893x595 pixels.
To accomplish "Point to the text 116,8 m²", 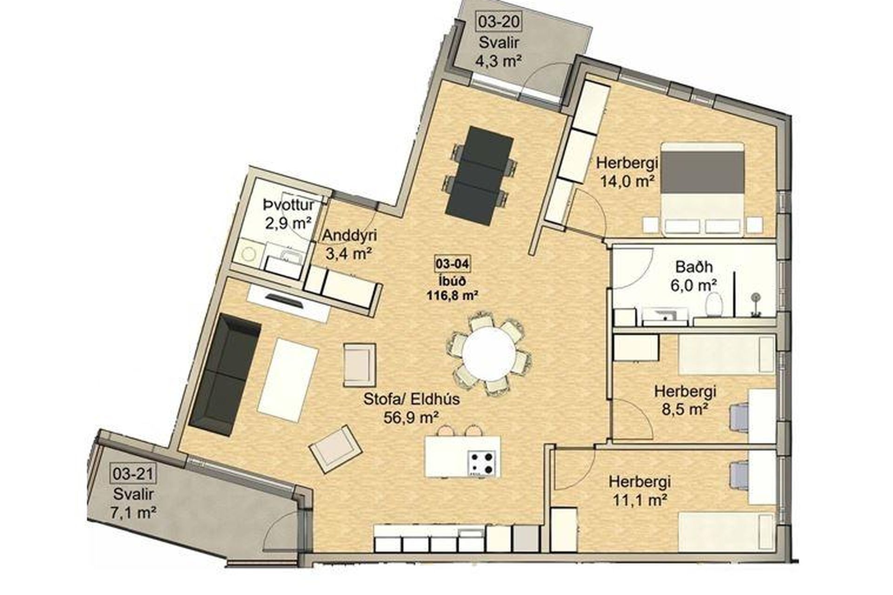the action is tap(452, 294).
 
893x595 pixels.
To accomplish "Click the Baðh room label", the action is tap(694, 267).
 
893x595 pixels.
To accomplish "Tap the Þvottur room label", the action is tap(288, 204).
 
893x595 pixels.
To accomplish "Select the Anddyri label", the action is tap(350, 235).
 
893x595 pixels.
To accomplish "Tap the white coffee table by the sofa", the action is tap(288, 380).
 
